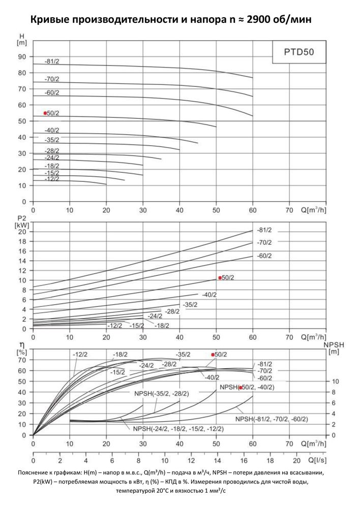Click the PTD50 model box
coord(299,52)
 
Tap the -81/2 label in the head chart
coord(52,61)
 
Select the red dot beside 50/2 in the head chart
coord(45,113)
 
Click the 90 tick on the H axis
coord(22,57)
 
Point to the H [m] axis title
coord(22,39)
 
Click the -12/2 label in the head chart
coord(52,179)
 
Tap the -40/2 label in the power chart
coord(209,295)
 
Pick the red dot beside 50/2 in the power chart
coord(220,278)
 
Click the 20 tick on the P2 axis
coord(22,232)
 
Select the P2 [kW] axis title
coord(22,222)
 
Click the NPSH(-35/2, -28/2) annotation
coord(162,394)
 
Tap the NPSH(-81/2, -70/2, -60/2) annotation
coord(272,419)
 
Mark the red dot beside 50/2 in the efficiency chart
coord(213,355)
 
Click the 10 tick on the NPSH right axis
coord(336,382)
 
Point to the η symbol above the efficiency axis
coord(22,345)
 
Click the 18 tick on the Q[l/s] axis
coord(270,460)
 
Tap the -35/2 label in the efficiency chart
coord(183,355)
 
